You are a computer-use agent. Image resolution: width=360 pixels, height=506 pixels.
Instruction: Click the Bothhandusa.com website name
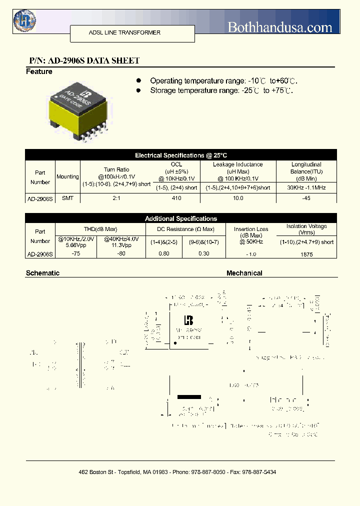[x=280, y=27]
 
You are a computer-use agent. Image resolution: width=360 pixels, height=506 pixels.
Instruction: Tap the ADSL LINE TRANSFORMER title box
[x=124, y=32]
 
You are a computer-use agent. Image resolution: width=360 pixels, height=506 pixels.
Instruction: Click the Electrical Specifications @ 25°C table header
[x=181, y=155]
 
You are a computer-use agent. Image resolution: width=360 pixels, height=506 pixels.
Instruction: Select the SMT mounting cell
[x=67, y=198]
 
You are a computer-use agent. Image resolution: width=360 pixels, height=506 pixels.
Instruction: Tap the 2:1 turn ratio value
[x=116, y=198]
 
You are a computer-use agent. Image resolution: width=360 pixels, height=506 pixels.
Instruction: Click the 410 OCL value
[x=176, y=198]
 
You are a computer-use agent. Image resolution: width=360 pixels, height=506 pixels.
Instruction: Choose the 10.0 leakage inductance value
[x=238, y=198]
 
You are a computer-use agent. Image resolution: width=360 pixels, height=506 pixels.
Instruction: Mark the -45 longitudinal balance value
[x=306, y=198]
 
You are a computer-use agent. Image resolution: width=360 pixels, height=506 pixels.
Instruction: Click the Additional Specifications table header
[x=181, y=218]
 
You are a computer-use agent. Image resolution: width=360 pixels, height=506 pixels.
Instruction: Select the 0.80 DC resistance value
[x=163, y=253]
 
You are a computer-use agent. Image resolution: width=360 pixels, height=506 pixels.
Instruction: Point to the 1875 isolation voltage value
[x=307, y=254]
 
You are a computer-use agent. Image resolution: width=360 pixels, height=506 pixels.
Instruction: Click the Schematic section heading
[x=42, y=273]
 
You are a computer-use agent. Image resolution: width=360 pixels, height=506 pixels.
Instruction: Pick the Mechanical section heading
[x=244, y=273]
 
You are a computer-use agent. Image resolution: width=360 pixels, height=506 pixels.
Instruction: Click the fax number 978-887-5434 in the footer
[x=258, y=472]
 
